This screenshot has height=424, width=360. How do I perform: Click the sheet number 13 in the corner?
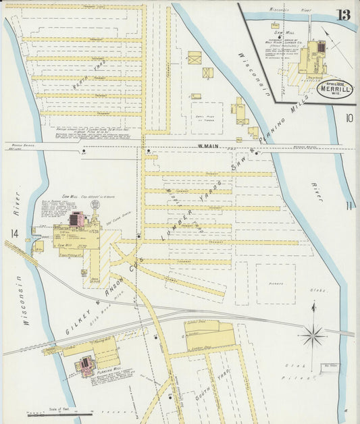[x=343, y=15]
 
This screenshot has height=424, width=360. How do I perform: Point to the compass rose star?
[x=313, y=333]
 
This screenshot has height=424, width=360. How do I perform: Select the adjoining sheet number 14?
[x=14, y=234]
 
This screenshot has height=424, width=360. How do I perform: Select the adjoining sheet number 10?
[x=349, y=118]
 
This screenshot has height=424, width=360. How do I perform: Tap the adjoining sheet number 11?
[x=349, y=206]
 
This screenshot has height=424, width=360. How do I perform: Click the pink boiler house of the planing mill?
[x=86, y=365]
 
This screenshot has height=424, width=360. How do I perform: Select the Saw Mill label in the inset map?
[x=283, y=32]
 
